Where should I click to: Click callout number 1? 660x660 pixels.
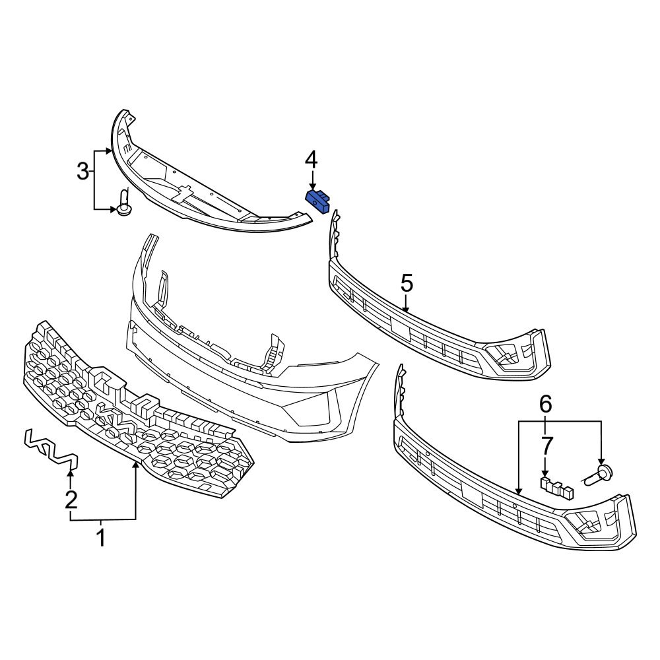(101, 539)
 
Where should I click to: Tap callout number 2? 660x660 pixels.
(71, 499)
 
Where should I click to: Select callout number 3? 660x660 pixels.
(82, 172)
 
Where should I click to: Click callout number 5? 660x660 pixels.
(407, 284)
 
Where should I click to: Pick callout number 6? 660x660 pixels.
(546, 404)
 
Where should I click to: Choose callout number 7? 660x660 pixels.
(546, 445)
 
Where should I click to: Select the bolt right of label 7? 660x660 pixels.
(600, 473)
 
